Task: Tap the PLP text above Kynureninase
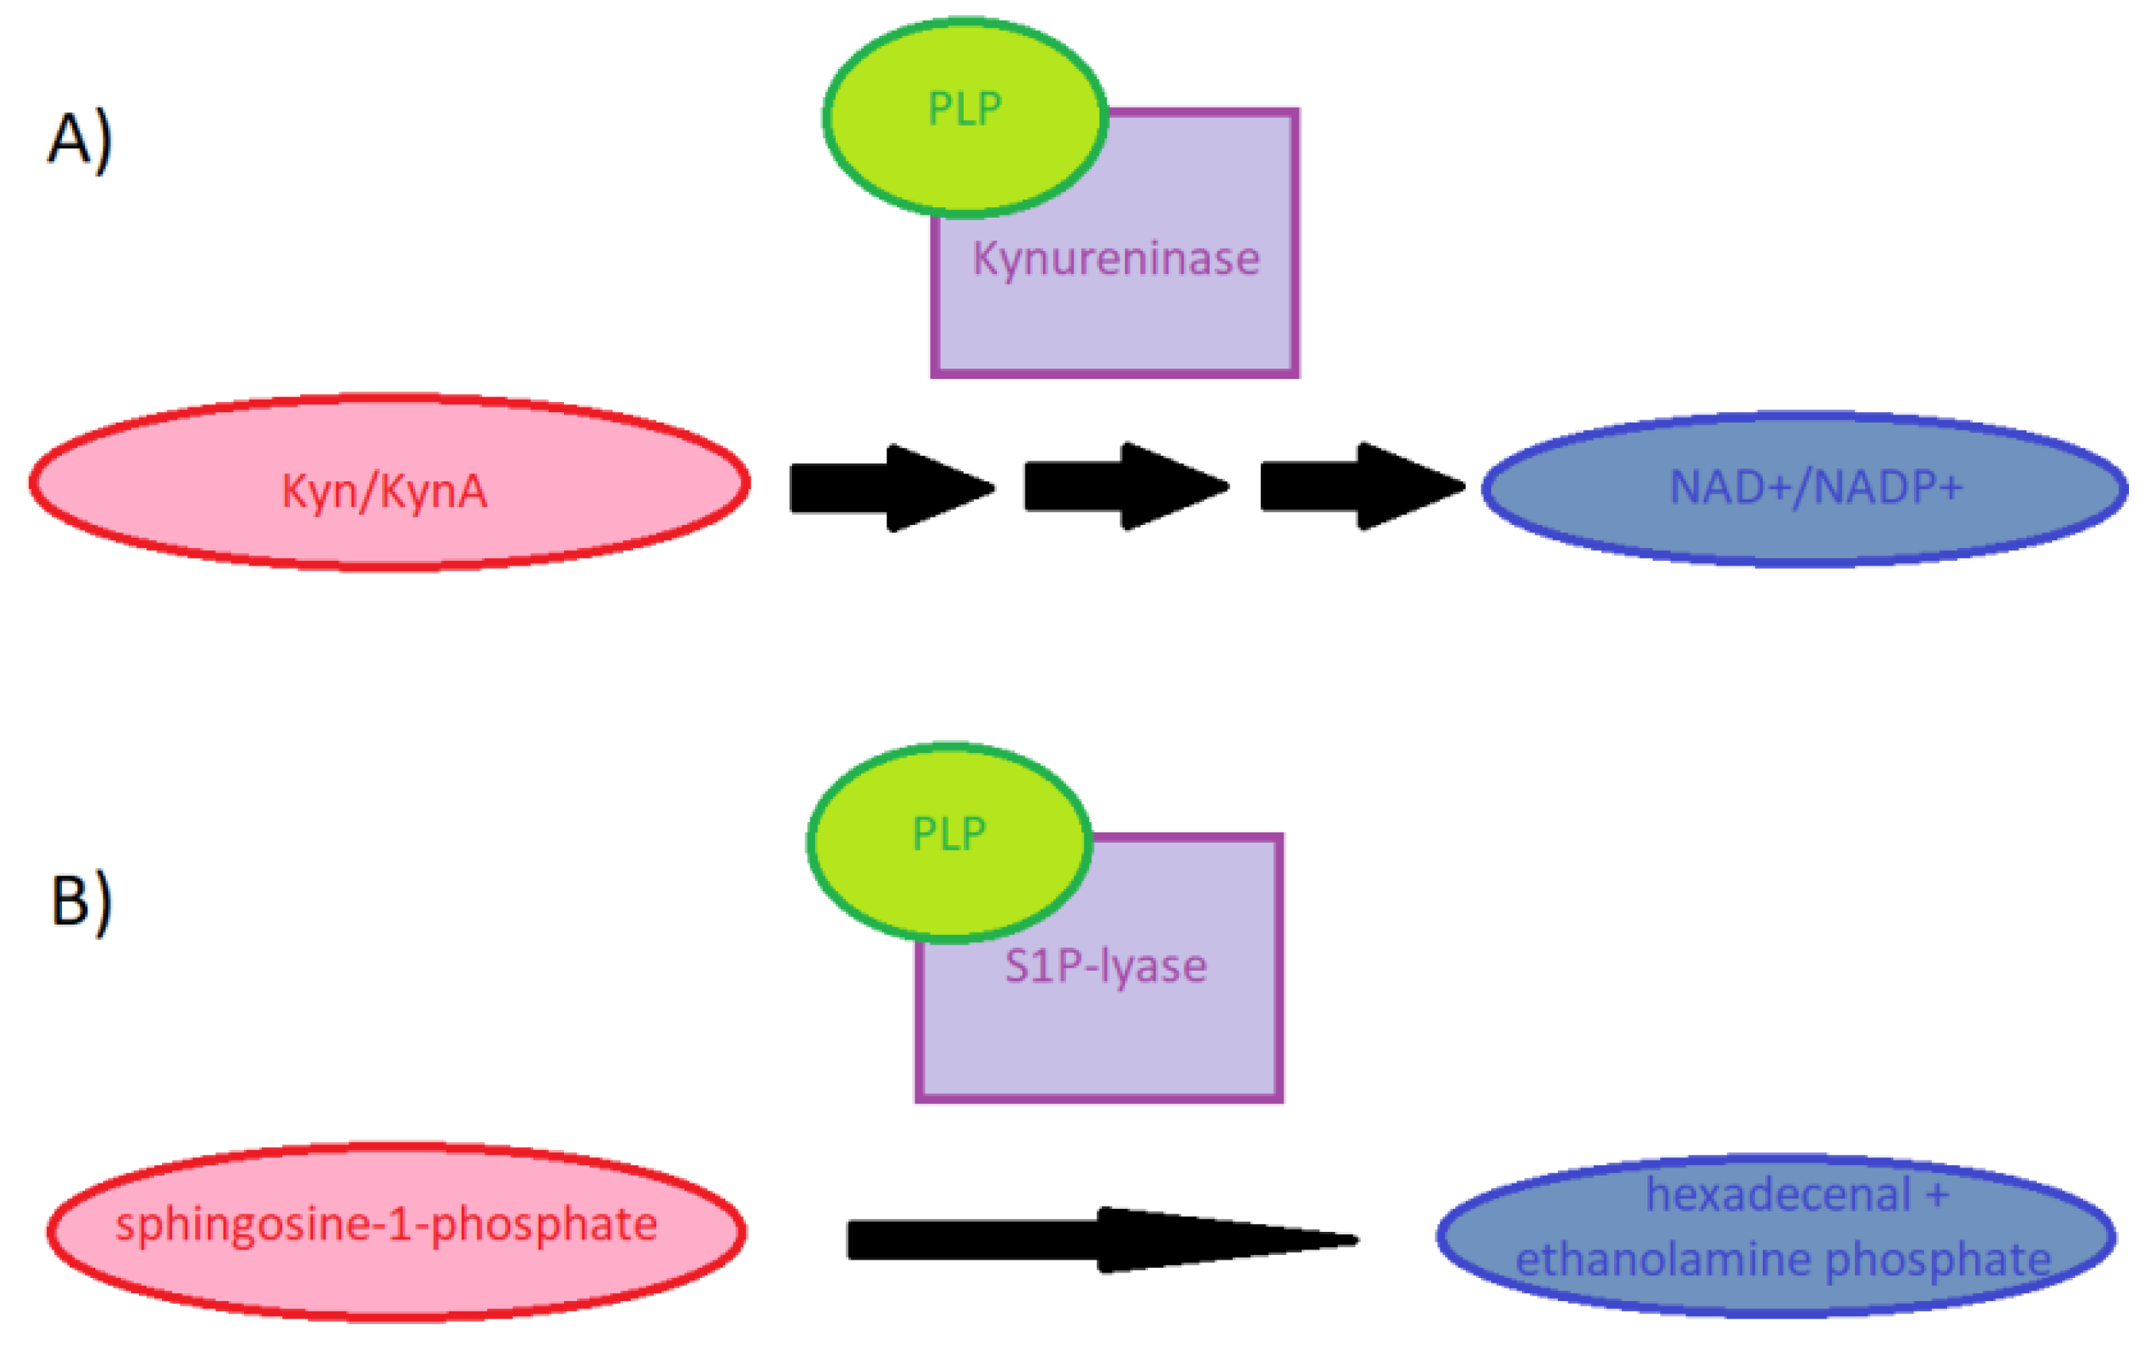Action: [964, 110]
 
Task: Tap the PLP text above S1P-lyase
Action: [949, 834]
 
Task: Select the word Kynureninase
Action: [1115, 260]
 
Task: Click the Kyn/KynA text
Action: [384, 492]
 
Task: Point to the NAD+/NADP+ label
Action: [1816, 488]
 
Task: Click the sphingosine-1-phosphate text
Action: [386, 1225]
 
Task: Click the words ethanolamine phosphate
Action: [1783, 1260]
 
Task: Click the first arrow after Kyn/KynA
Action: [891, 488]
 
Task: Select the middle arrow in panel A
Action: [1126, 487]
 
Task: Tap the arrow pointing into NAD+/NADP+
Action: [1361, 487]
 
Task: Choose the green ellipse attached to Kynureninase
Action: [895, 161]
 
